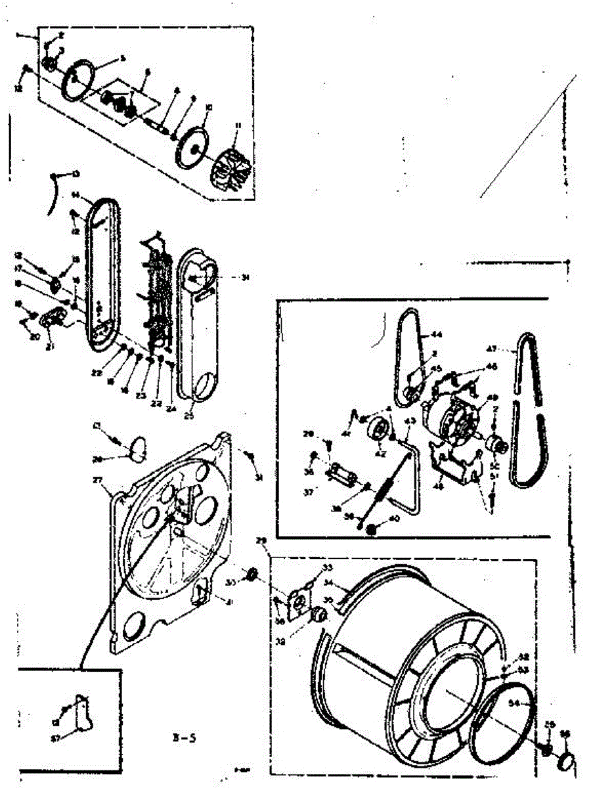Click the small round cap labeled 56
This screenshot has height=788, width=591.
click(566, 763)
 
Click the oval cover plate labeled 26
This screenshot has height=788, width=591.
click(136, 450)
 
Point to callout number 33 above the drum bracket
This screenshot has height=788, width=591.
click(327, 567)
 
